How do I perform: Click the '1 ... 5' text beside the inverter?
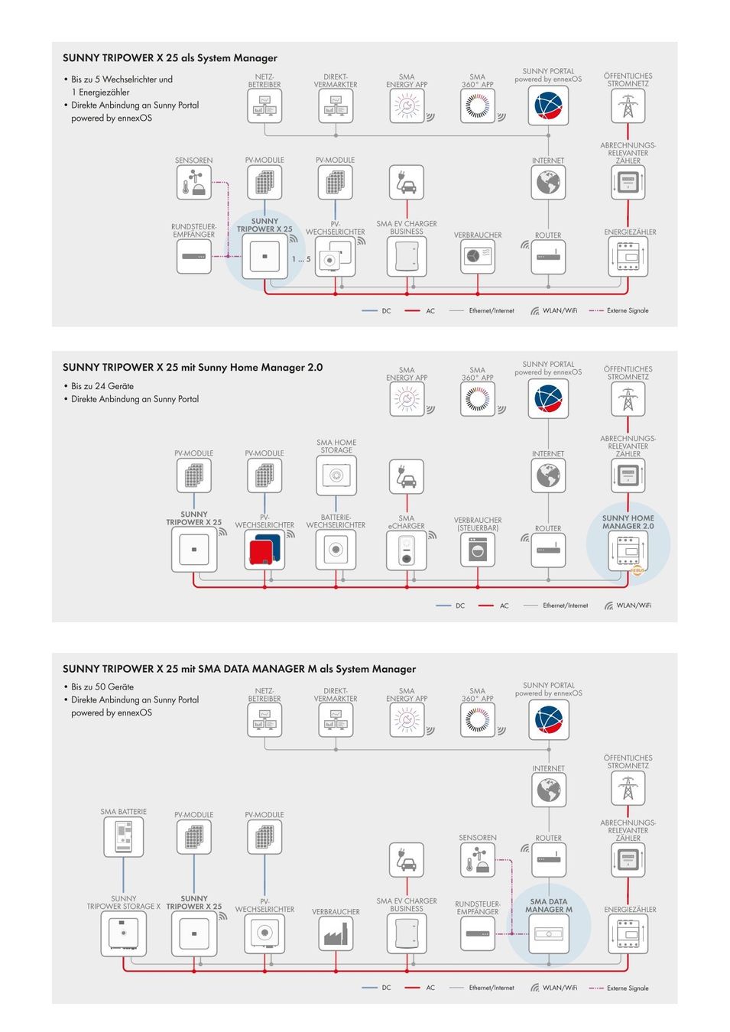pos(301,259)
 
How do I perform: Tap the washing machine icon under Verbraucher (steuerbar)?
pos(478,550)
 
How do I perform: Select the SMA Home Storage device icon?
pos(336,475)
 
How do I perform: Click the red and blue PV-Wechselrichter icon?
pos(264,550)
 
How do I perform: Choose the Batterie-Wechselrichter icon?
pos(336,550)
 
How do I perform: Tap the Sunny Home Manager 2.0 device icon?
pos(628,550)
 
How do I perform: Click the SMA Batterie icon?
pos(123,837)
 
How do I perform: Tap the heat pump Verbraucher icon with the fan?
pos(478,257)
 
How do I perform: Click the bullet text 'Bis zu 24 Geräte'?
pos(102,386)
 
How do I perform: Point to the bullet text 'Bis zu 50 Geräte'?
pos(102,687)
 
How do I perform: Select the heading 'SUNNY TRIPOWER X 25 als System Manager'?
pos(170,58)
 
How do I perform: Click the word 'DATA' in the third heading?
pos(255,669)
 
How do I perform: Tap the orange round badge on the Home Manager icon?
pos(638,570)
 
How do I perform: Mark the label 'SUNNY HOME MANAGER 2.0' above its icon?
pos(628,522)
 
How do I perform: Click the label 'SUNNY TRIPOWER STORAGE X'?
pos(123,902)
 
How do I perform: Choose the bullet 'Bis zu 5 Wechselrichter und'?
pos(122,80)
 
